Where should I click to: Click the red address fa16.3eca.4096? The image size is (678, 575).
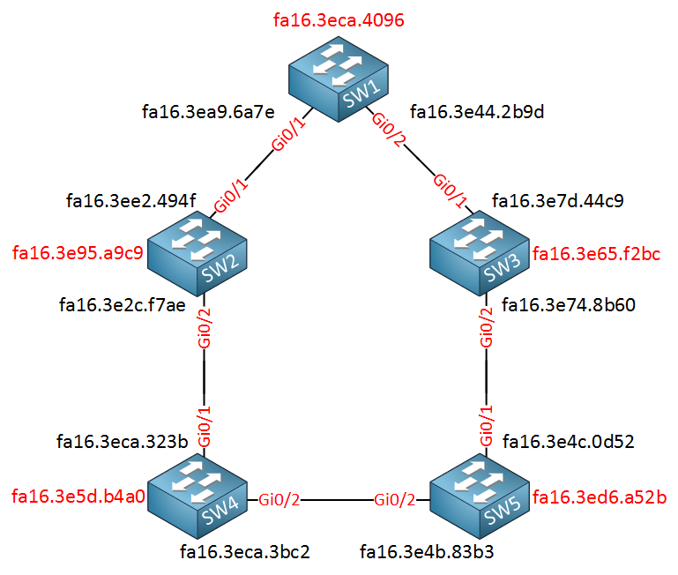339,20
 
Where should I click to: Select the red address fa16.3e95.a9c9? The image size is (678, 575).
78,254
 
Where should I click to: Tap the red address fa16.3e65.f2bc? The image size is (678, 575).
596,255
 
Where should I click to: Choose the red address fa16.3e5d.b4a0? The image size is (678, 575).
78,497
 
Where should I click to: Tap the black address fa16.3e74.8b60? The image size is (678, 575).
568,305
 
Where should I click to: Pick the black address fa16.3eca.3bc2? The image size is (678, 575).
245,552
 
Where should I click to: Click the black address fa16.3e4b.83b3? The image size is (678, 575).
427,552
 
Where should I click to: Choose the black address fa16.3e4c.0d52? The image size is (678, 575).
568,440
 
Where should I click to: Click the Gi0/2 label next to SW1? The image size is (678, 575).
389,131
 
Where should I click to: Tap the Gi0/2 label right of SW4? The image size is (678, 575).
280,500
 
